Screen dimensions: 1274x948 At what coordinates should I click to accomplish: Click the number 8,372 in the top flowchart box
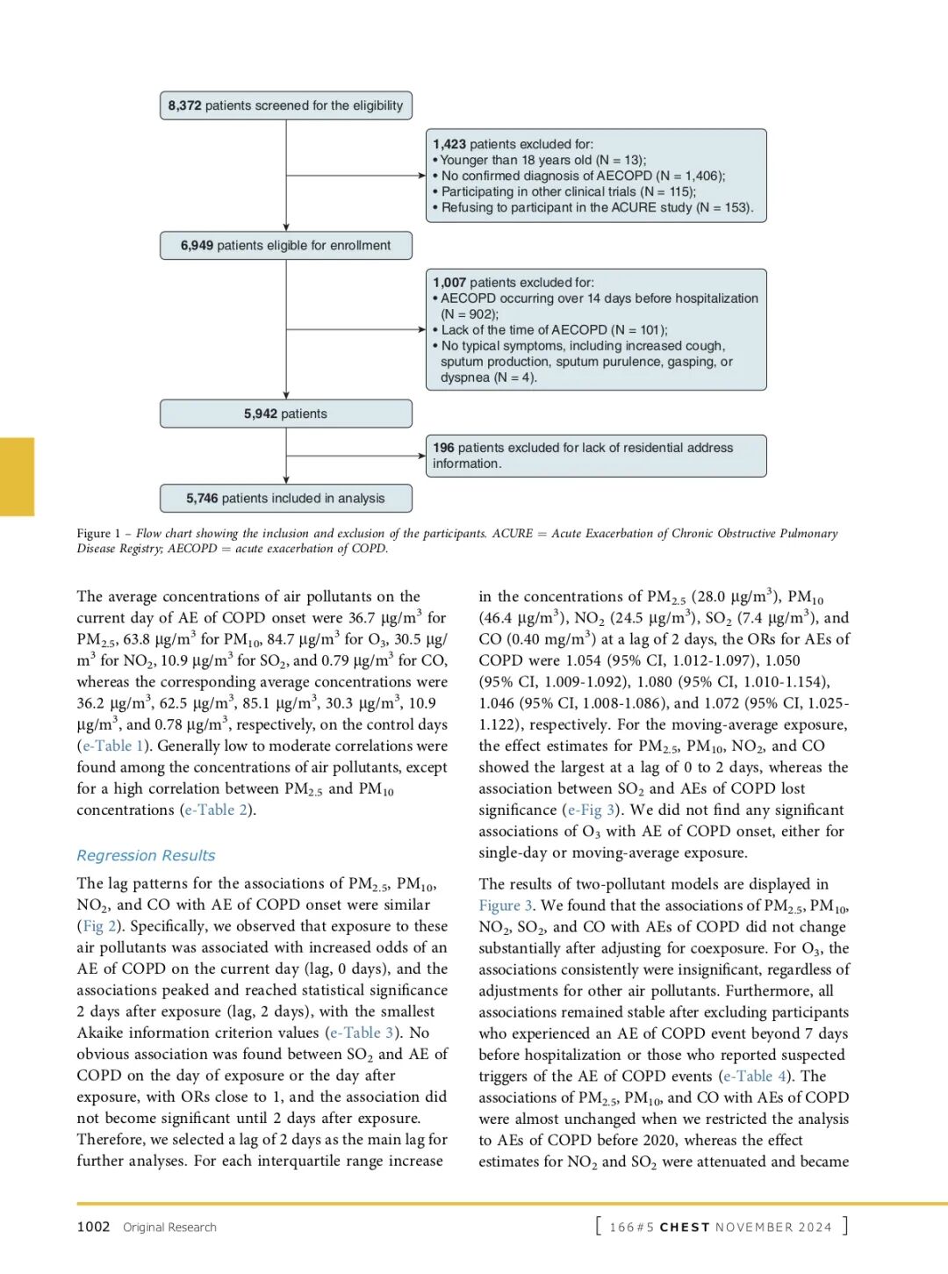(x=184, y=106)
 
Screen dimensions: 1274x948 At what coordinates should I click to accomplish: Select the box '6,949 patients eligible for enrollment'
(x=285, y=246)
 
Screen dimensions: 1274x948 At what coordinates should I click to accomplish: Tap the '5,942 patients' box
(x=285, y=414)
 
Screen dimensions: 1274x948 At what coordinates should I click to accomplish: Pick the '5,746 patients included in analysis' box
(x=285, y=499)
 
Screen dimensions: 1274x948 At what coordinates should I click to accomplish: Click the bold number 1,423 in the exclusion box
(x=449, y=144)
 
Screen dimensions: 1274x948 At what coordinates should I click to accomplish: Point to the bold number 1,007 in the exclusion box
(x=449, y=283)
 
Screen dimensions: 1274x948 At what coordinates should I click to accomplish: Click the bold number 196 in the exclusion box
(x=443, y=448)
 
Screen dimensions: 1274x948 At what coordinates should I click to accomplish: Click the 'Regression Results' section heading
(x=146, y=855)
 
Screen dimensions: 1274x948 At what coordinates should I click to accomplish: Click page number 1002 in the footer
(x=93, y=1227)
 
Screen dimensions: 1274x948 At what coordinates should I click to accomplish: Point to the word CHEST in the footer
(x=685, y=1227)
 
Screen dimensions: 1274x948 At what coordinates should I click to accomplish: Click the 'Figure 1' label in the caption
(x=98, y=534)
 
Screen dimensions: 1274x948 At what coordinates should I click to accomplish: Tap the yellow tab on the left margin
(x=17, y=476)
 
